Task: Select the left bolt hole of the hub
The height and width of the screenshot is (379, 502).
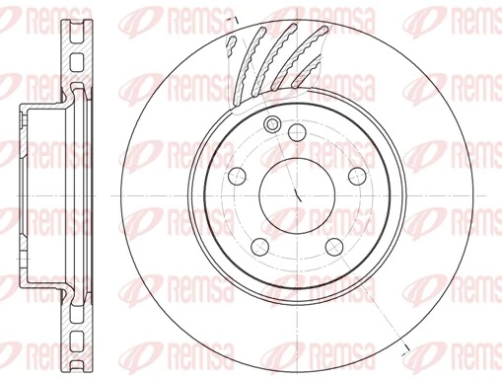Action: [236, 176]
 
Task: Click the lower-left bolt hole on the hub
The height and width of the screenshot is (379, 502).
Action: [259, 246]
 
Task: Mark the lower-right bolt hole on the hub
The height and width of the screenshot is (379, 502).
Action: [332, 246]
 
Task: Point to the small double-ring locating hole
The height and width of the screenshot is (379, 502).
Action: [274, 123]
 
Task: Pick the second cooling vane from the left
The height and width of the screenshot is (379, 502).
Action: [258, 59]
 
